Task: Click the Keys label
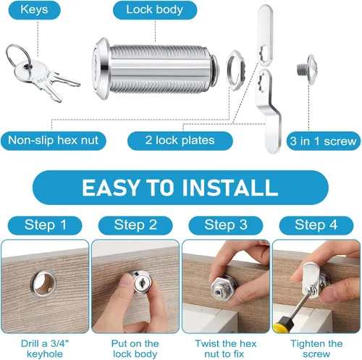(34, 10)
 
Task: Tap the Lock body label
(155, 10)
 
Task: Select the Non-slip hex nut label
(53, 141)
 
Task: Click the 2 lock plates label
(180, 141)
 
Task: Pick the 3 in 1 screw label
(323, 141)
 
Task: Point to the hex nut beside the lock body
(236, 70)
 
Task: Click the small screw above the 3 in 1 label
(307, 70)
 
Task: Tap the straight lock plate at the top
(265, 35)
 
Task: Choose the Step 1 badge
(45, 225)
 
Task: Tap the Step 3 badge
(226, 225)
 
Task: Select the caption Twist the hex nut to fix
(225, 348)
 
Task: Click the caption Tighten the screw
(316, 348)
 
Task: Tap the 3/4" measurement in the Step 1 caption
(60, 343)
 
